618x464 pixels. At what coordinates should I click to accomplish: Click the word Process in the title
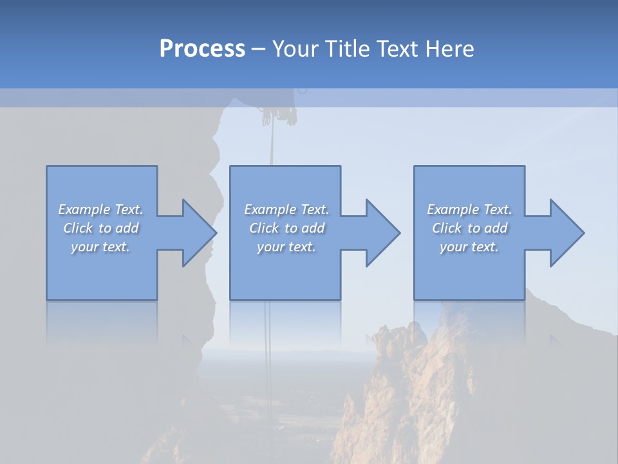coord(202,49)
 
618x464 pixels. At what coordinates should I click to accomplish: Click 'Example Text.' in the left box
coord(100,209)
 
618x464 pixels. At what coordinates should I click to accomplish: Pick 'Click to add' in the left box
coord(100,228)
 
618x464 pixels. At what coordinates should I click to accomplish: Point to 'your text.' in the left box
coord(100,247)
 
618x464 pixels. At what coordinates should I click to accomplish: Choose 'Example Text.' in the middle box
coord(286,209)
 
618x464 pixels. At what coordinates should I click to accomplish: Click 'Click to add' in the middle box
coord(286,228)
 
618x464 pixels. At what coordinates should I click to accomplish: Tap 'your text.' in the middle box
coord(286,247)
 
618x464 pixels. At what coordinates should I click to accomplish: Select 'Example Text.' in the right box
coord(469,209)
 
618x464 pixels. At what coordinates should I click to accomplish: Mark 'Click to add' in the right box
coord(469,228)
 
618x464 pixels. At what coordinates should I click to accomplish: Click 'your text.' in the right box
coord(469,247)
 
